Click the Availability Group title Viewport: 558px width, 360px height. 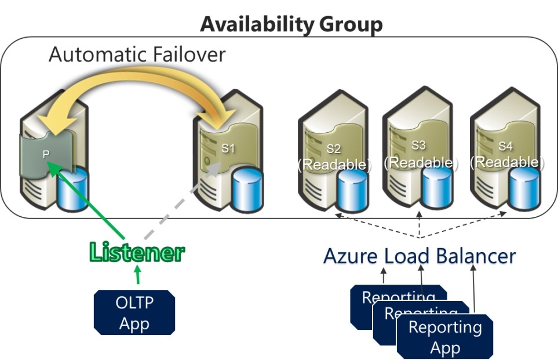pyautogui.click(x=291, y=24)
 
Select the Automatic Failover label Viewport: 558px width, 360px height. pyautogui.click(x=137, y=54)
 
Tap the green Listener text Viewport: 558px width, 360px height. pyautogui.click(x=137, y=253)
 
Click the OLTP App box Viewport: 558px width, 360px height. pyautogui.click(x=134, y=312)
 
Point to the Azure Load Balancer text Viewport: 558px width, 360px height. pyautogui.click(x=419, y=256)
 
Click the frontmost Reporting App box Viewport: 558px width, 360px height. pyautogui.click(x=445, y=337)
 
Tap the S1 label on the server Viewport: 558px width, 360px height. pyautogui.click(x=228, y=148)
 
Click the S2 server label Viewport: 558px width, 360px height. pyautogui.click(x=333, y=150)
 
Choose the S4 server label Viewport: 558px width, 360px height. pyautogui.click(x=507, y=145)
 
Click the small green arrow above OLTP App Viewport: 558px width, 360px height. pyautogui.click(x=137, y=274)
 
